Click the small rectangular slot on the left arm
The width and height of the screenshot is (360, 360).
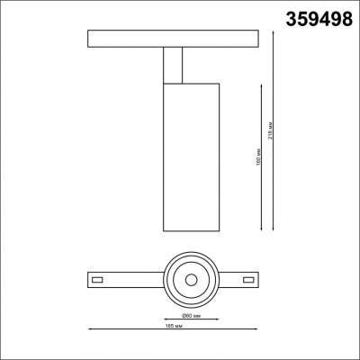101,279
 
